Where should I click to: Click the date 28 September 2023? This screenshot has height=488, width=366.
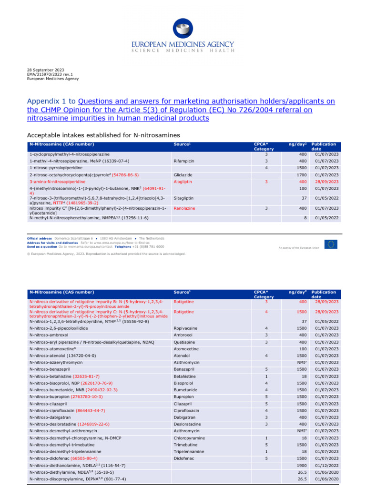(44, 72)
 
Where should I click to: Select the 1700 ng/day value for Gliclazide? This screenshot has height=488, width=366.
(300, 175)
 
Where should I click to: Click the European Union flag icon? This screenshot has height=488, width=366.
(331, 244)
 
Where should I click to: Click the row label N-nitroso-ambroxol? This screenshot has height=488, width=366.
(50, 335)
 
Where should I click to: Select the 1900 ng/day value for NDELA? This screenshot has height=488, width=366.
(300, 465)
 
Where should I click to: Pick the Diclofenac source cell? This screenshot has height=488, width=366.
(185, 458)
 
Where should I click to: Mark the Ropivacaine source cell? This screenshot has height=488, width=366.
(186, 328)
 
